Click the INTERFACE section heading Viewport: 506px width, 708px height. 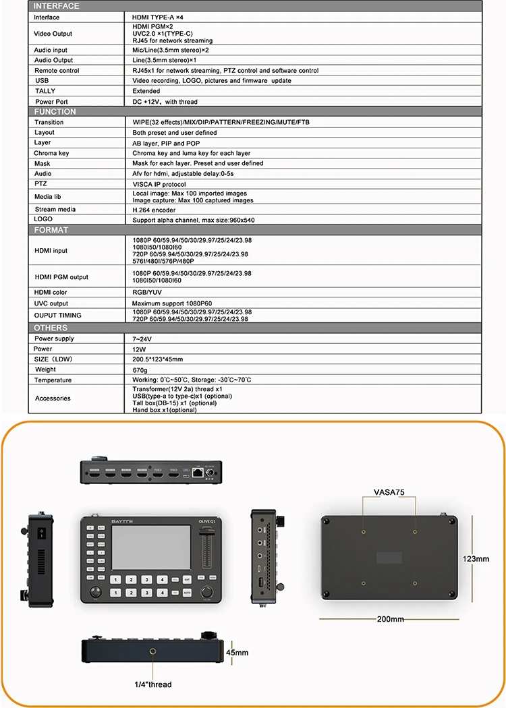[x=56, y=6]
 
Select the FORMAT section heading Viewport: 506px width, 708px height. [x=51, y=230]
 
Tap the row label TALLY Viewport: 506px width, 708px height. [x=45, y=91]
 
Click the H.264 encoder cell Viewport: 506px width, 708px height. [x=154, y=210]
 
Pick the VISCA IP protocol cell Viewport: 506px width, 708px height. [x=159, y=184]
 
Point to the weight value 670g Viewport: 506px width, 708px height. [x=141, y=370]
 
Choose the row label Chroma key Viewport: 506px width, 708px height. [x=51, y=153]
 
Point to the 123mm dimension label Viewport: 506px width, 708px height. [x=478, y=559]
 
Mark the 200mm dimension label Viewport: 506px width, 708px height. [x=390, y=619]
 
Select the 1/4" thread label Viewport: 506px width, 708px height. [x=152, y=684]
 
